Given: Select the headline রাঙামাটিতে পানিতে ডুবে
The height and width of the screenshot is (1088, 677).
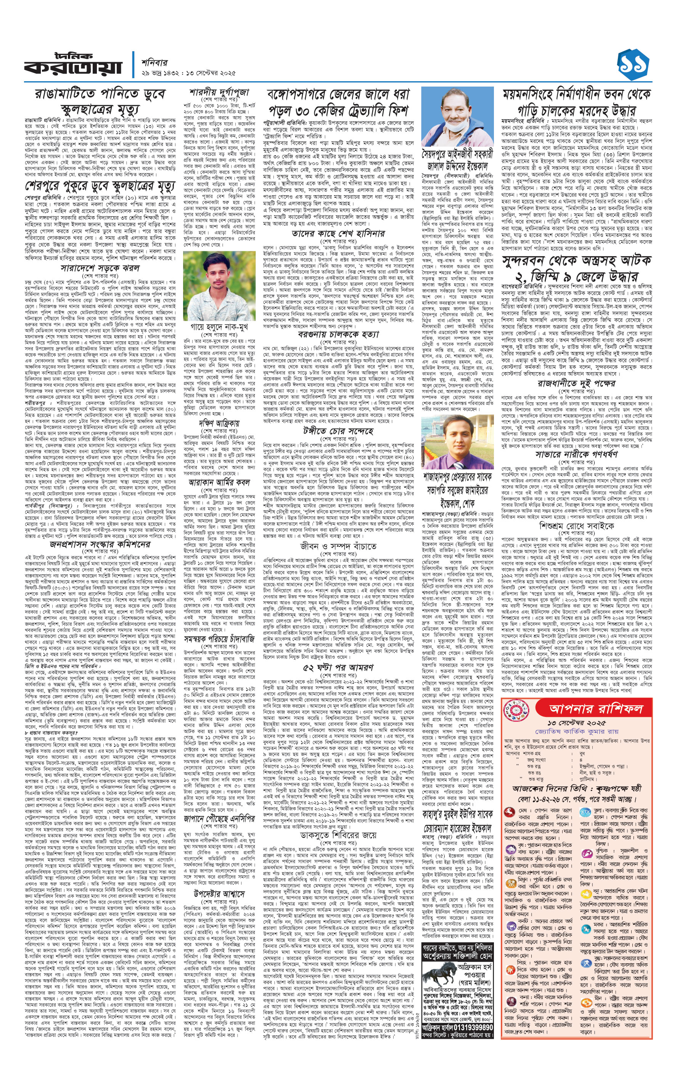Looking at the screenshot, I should [x=100, y=94].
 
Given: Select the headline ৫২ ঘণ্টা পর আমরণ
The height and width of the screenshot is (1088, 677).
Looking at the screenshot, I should [x=338, y=667].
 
